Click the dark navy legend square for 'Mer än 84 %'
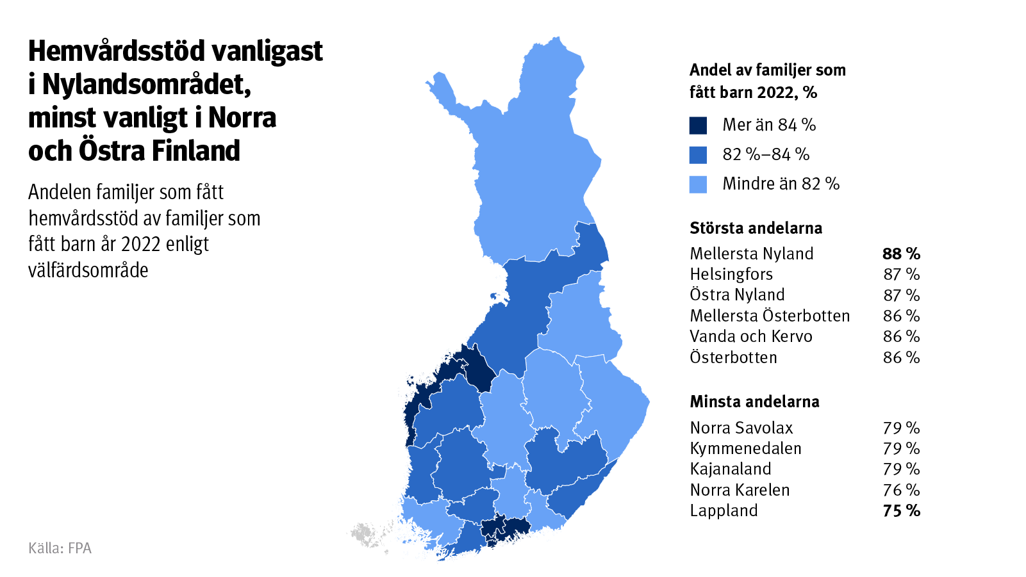[698, 126]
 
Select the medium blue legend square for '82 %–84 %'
[698, 155]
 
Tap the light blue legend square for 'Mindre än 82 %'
[698, 184]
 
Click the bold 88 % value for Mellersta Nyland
[901, 254]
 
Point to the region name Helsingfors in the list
[731, 275]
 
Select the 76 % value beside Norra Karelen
[901, 490]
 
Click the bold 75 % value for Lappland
[901, 511]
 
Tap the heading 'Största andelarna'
[756, 228]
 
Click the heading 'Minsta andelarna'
[754, 402]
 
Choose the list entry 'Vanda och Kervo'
[750, 337]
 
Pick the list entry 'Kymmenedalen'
[745, 448]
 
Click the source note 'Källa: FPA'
[60, 548]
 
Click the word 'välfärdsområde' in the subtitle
[88, 270]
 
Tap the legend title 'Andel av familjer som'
[767, 70]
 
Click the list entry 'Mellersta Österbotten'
[770, 316]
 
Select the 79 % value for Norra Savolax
[901, 428]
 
